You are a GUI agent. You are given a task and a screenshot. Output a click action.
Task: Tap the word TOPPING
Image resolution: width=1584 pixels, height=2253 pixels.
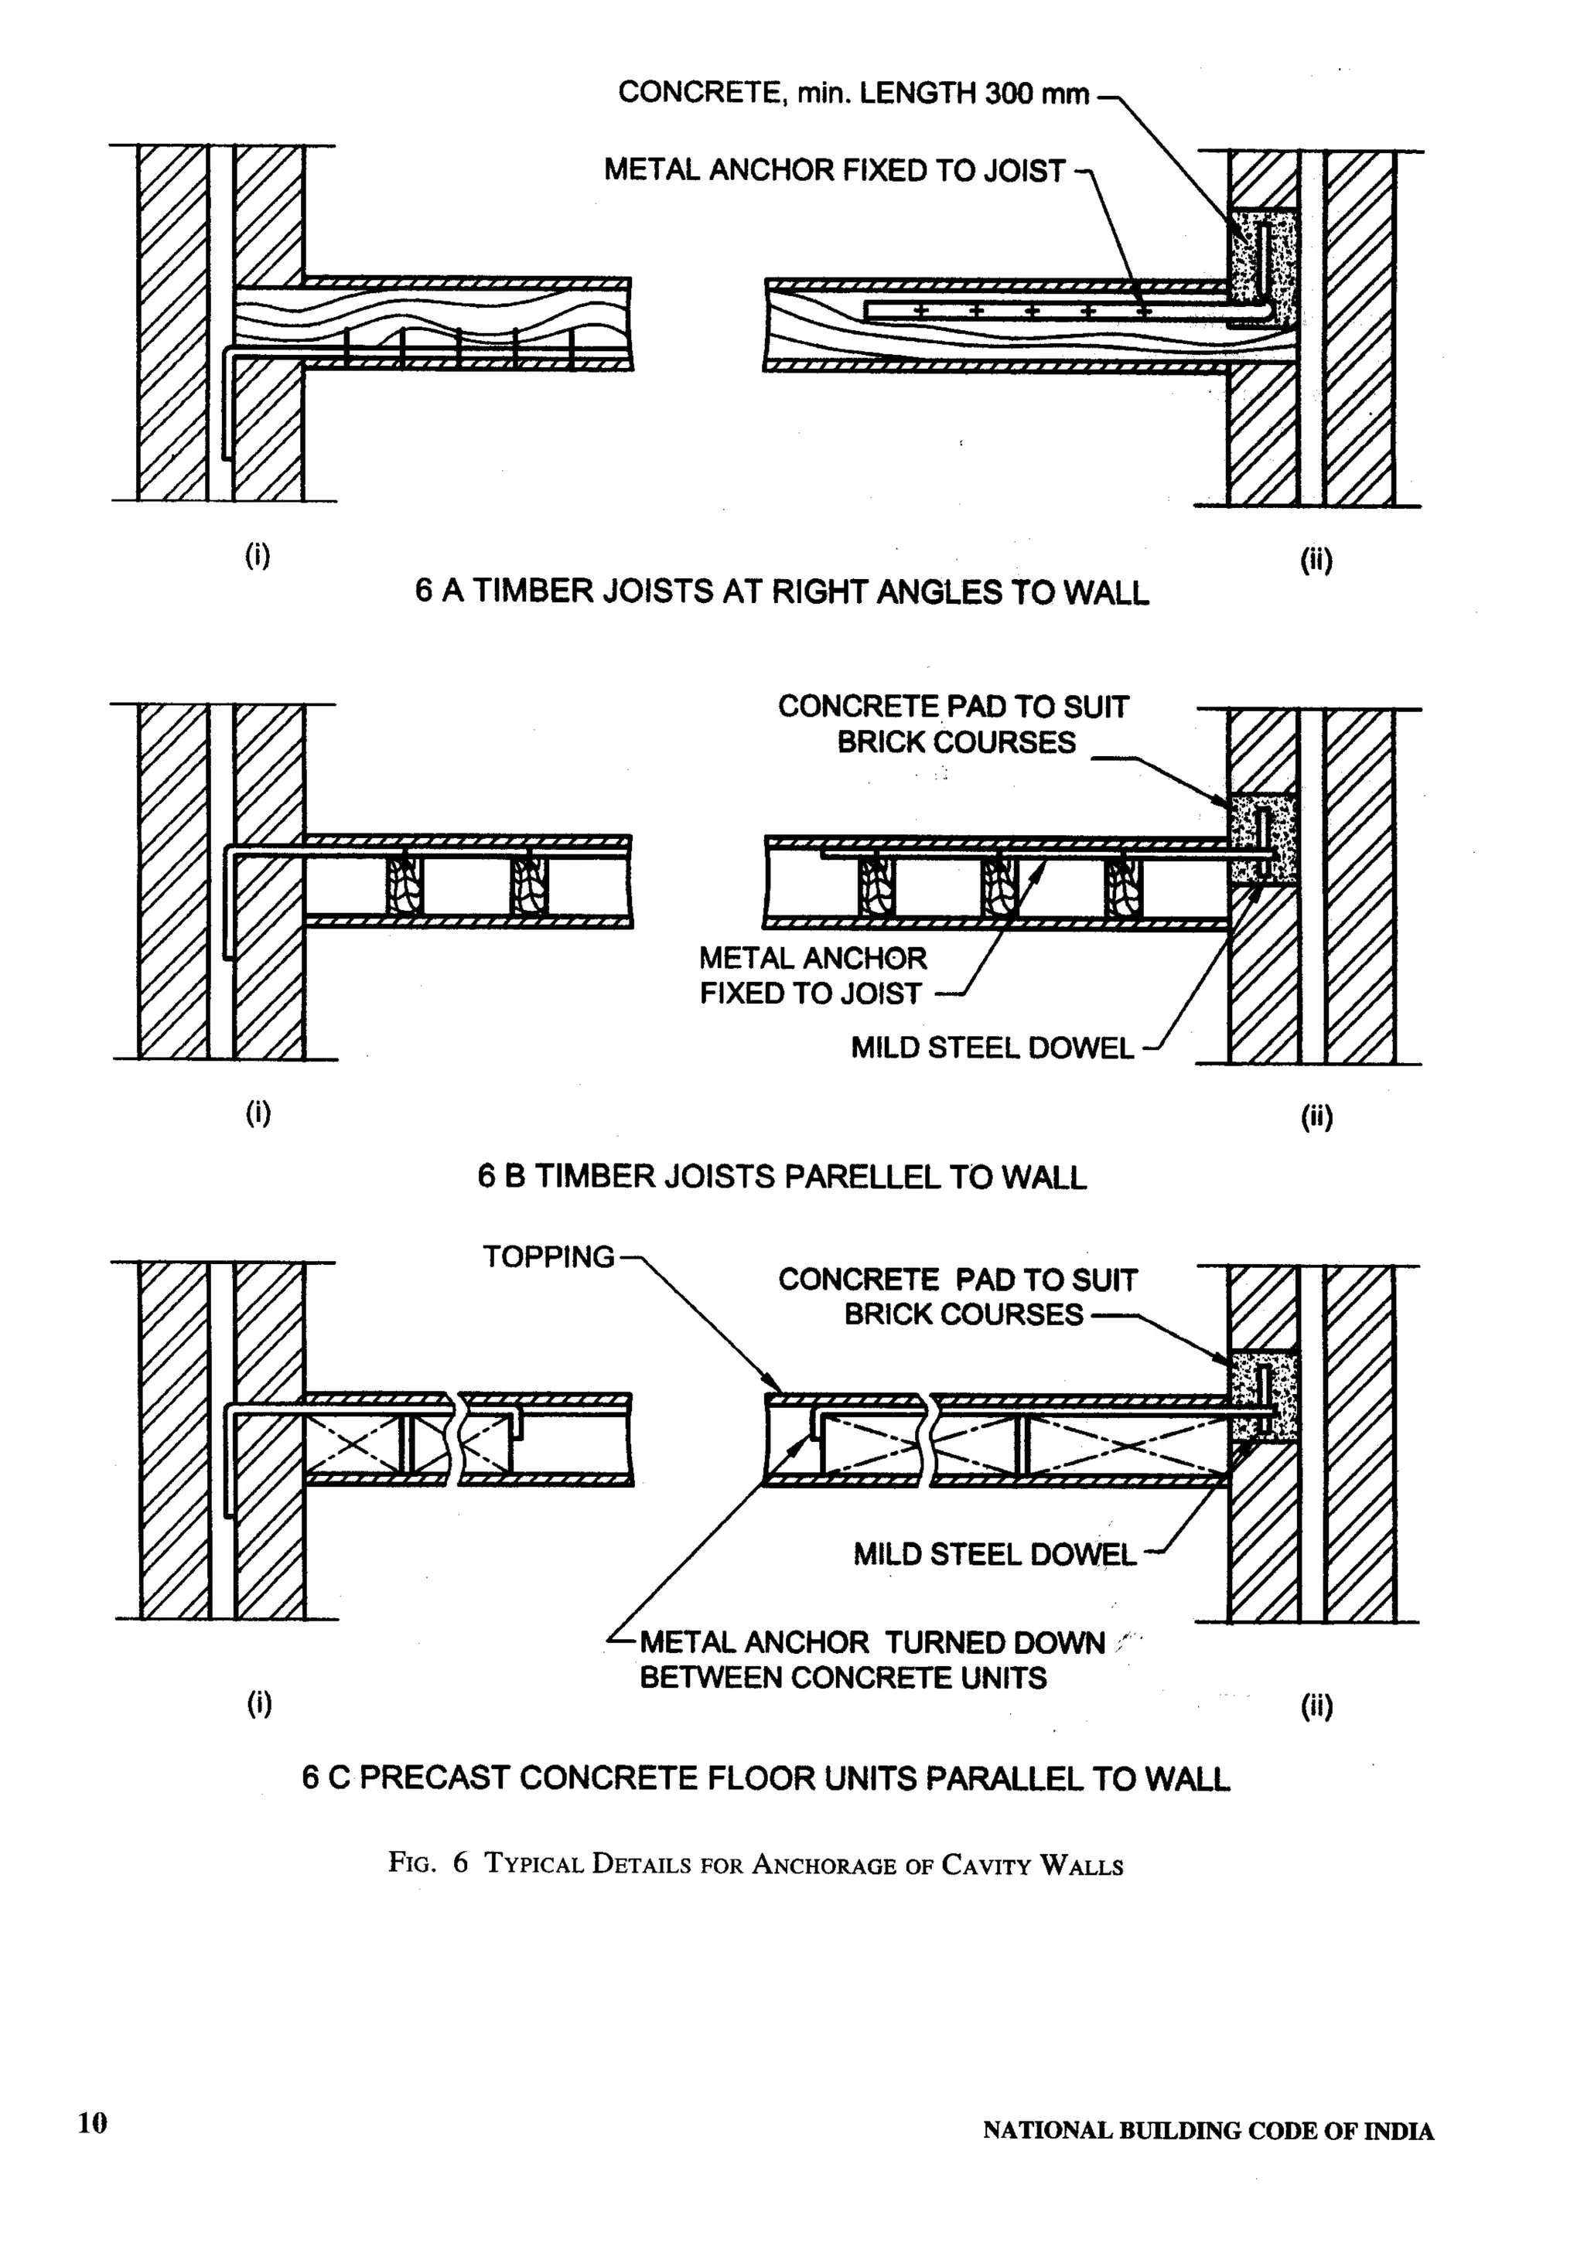pos(548,1257)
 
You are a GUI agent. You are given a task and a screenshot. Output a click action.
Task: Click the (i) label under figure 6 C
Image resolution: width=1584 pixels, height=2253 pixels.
pos(258,1703)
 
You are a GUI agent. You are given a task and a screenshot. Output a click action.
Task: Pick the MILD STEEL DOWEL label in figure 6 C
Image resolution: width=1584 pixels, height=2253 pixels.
pos(993,1554)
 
